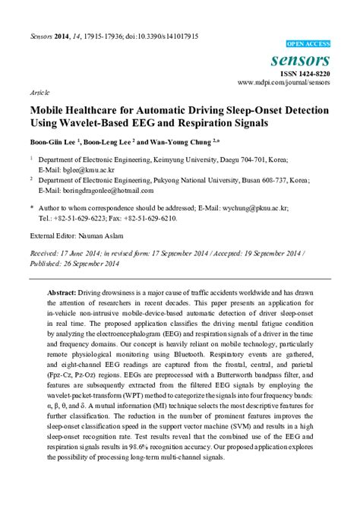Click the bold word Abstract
click(x=62, y=292)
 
